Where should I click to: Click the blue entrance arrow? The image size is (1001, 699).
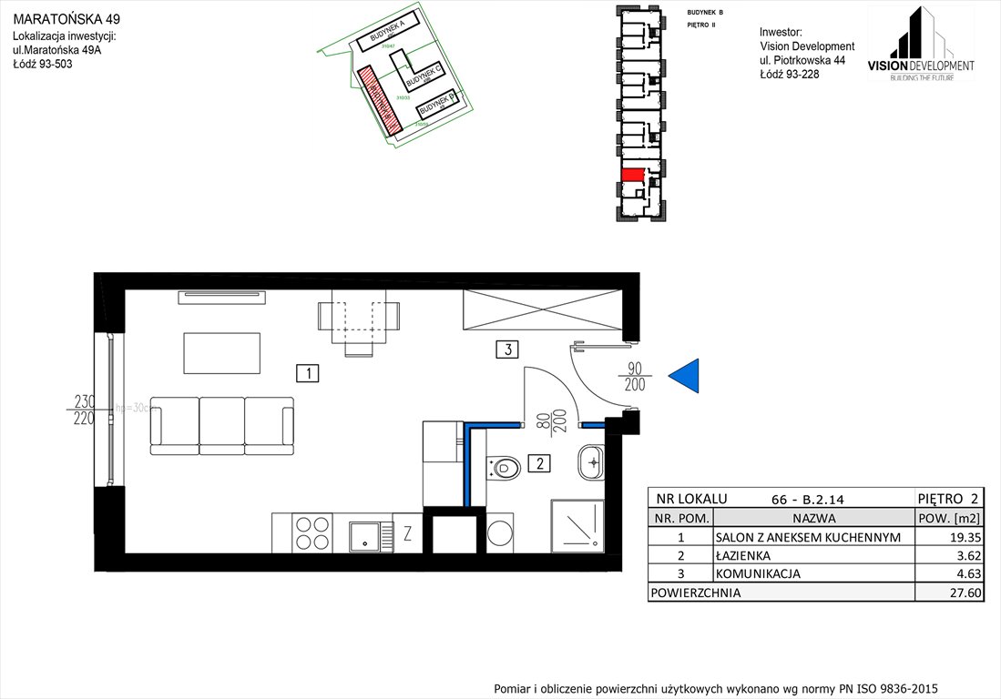[x=686, y=375]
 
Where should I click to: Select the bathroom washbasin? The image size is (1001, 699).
[x=591, y=462]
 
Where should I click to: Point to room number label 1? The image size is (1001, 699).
[x=310, y=372]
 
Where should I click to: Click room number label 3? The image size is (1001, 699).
[x=507, y=348]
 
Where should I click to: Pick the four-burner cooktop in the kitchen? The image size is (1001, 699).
[x=312, y=532]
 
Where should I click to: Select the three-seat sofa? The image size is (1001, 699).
[x=222, y=425]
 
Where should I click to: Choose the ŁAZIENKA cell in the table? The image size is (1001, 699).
[x=743, y=555]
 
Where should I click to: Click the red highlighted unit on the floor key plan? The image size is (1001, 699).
[x=632, y=174]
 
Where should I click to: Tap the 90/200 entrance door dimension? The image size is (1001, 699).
[x=635, y=377]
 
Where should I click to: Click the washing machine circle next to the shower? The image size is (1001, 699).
[x=500, y=533]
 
